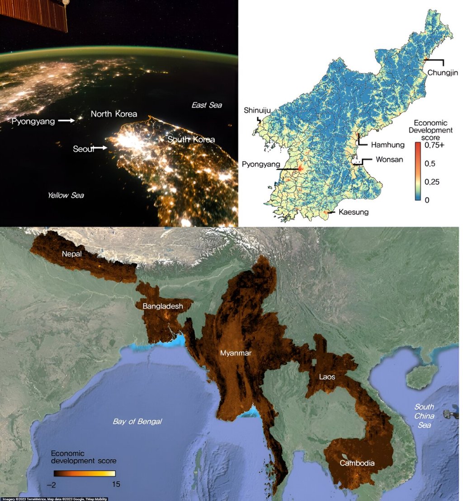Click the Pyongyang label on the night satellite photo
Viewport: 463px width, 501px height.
coord(33,121)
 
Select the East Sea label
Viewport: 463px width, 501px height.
coord(207,105)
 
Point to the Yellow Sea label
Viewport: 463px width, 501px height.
coord(66,195)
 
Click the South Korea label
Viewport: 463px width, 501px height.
coord(191,139)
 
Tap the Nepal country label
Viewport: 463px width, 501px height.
coord(72,254)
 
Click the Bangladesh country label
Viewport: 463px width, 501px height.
coord(163,306)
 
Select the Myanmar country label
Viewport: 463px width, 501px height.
coord(235,353)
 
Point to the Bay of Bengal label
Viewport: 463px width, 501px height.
coord(137,421)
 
